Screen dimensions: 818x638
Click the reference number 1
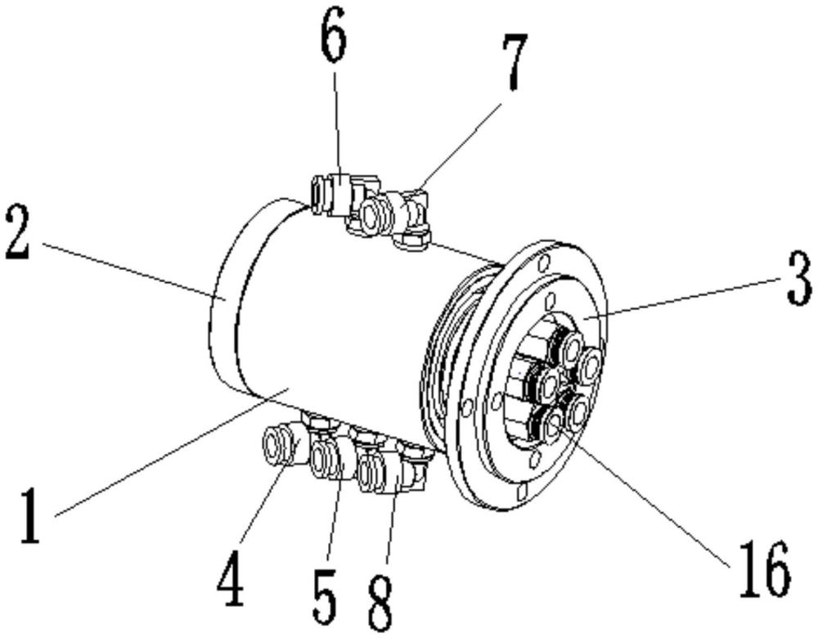(x=30, y=516)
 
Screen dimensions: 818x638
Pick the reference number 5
(x=325, y=598)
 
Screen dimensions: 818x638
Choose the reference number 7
(x=515, y=62)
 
